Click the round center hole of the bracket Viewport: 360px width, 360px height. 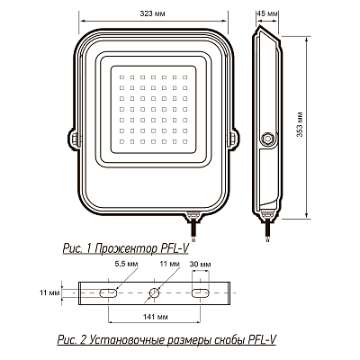[x=154, y=293]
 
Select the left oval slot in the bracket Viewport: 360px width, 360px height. [x=106, y=293]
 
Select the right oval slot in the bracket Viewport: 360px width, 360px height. [x=201, y=293]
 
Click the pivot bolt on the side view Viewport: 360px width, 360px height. [x=267, y=139]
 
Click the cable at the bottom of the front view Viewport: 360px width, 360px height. [x=192, y=223]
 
